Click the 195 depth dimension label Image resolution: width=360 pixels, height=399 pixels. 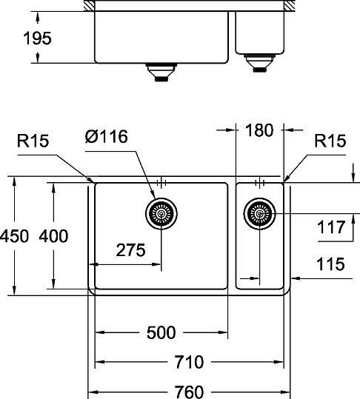pos(37,38)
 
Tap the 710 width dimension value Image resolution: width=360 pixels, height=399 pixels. pos(189,362)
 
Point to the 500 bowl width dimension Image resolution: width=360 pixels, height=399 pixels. pos(161,333)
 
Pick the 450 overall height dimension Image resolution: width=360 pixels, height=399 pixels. pos(14,236)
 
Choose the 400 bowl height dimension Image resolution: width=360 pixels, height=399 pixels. pos(53,236)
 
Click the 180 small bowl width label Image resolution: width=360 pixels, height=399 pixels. pos(259,130)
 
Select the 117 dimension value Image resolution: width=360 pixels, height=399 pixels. pos(330,227)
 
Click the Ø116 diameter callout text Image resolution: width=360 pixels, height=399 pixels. pos(106,137)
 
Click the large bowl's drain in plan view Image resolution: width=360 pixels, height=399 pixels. pos(161,214)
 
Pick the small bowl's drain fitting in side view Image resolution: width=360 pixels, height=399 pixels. pos(259,62)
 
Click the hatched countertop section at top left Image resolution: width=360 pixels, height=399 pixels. pos(88,6)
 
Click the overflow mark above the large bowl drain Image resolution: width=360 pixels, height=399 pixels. pos(161,182)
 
